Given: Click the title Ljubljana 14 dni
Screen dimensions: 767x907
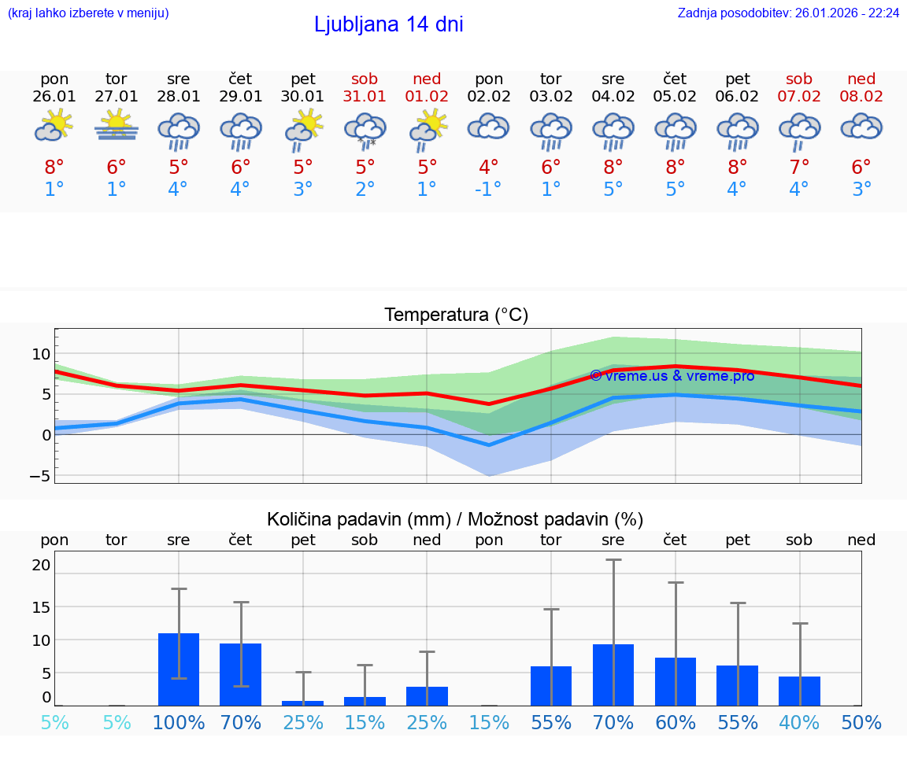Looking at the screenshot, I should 388,24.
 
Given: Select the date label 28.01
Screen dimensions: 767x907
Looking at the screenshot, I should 179,96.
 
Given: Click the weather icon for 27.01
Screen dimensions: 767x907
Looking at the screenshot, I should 117,126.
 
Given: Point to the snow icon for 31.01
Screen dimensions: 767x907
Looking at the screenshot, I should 365,130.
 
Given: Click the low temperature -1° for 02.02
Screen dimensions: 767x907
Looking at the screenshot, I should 489,189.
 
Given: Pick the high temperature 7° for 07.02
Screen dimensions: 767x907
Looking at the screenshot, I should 799,167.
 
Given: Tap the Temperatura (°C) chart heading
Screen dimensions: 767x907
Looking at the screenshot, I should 456,315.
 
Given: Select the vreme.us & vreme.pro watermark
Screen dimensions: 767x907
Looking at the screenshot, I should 672,376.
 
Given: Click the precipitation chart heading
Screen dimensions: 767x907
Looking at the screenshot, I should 455,519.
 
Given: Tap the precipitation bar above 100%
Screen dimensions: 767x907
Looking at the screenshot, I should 179,669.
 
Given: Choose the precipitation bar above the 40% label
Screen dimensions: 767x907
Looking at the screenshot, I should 799,691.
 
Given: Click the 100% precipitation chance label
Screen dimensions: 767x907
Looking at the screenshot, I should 179,722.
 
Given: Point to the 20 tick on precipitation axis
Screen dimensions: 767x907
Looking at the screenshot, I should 41,565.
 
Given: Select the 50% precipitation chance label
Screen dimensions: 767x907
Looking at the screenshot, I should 861,722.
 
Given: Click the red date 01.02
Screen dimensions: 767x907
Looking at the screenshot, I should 427,96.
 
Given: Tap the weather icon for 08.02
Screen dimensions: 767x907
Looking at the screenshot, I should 861,127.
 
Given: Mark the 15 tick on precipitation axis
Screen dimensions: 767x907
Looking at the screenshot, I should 41,607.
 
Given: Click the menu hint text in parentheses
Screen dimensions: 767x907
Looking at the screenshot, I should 88,13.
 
